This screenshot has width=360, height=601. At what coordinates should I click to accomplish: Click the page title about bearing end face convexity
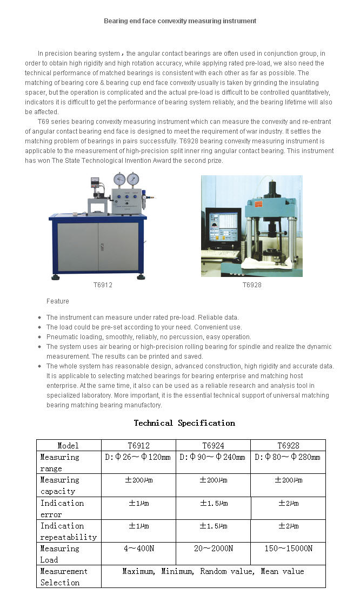point(180,21)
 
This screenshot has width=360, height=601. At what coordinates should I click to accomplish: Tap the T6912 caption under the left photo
point(103,285)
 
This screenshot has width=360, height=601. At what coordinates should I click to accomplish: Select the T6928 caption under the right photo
point(252,285)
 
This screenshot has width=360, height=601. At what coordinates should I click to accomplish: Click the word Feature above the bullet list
point(58,301)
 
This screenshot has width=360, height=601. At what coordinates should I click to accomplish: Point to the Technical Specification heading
point(184,423)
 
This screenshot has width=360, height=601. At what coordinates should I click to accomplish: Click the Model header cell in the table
point(68,446)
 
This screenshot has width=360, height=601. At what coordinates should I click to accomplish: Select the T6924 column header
point(213,446)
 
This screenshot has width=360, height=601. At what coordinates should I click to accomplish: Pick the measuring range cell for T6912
point(138,457)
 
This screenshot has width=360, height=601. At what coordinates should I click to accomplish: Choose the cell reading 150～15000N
point(288,549)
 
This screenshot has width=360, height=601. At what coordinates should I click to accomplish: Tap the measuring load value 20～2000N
point(213,549)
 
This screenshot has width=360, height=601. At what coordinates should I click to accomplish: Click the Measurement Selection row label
point(64,577)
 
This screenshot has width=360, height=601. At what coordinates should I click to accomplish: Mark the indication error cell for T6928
point(288,503)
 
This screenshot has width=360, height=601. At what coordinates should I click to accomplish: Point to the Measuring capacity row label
point(60,485)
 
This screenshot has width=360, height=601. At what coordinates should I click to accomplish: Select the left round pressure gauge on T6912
point(119,180)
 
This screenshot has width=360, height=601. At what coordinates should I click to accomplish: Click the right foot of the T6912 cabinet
point(141,276)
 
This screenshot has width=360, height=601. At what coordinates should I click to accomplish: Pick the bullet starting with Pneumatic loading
point(149,337)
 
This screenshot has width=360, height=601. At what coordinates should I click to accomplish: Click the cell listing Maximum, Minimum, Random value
point(213,571)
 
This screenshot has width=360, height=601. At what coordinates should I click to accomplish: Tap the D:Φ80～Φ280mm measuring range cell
point(288,457)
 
